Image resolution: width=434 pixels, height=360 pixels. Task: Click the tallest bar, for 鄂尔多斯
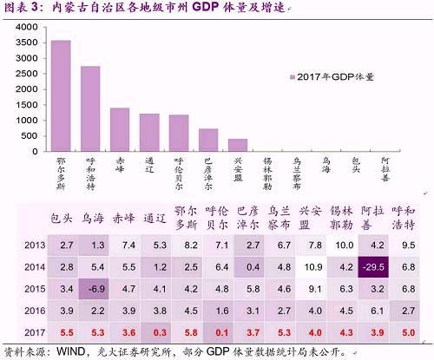pos(61,95)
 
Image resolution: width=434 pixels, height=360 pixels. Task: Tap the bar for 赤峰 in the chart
pos(120,129)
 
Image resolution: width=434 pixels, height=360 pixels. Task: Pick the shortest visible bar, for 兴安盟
pos(238,145)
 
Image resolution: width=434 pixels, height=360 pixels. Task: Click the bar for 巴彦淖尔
pos(208,140)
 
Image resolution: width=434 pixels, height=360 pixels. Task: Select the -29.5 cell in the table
pos(374,267)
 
